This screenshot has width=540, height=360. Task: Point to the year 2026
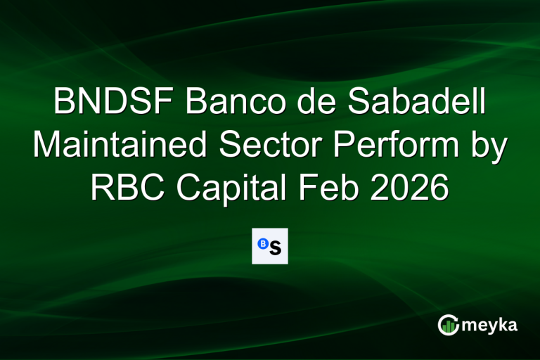click(x=417, y=188)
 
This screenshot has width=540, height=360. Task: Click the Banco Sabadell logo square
click(x=270, y=246)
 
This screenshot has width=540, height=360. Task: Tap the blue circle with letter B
click(x=263, y=243)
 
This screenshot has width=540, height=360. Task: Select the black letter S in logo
click(x=275, y=247)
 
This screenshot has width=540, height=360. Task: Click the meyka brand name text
click(x=491, y=326)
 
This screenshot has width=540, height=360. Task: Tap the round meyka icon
click(x=448, y=324)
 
